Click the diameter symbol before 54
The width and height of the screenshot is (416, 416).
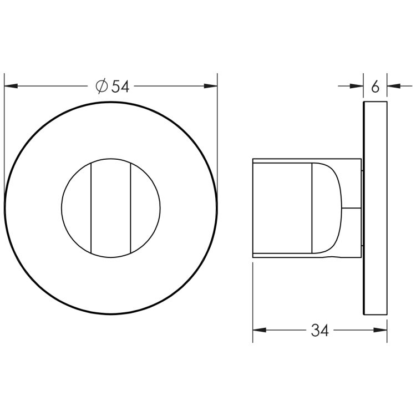point(102,86)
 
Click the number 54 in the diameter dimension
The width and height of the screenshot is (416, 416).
point(120,87)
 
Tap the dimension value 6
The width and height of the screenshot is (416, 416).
point(375,87)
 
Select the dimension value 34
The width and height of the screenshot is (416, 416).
point(319,331)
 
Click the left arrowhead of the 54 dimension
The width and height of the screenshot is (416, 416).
point(11,86)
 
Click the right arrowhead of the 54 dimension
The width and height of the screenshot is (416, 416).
point(211,86)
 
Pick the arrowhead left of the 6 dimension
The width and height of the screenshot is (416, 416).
point(357,86)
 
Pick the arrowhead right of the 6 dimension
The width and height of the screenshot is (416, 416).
point(394,86)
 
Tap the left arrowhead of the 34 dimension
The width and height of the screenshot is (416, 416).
point(259,330)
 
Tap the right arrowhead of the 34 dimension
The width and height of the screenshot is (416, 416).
point(380,330)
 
